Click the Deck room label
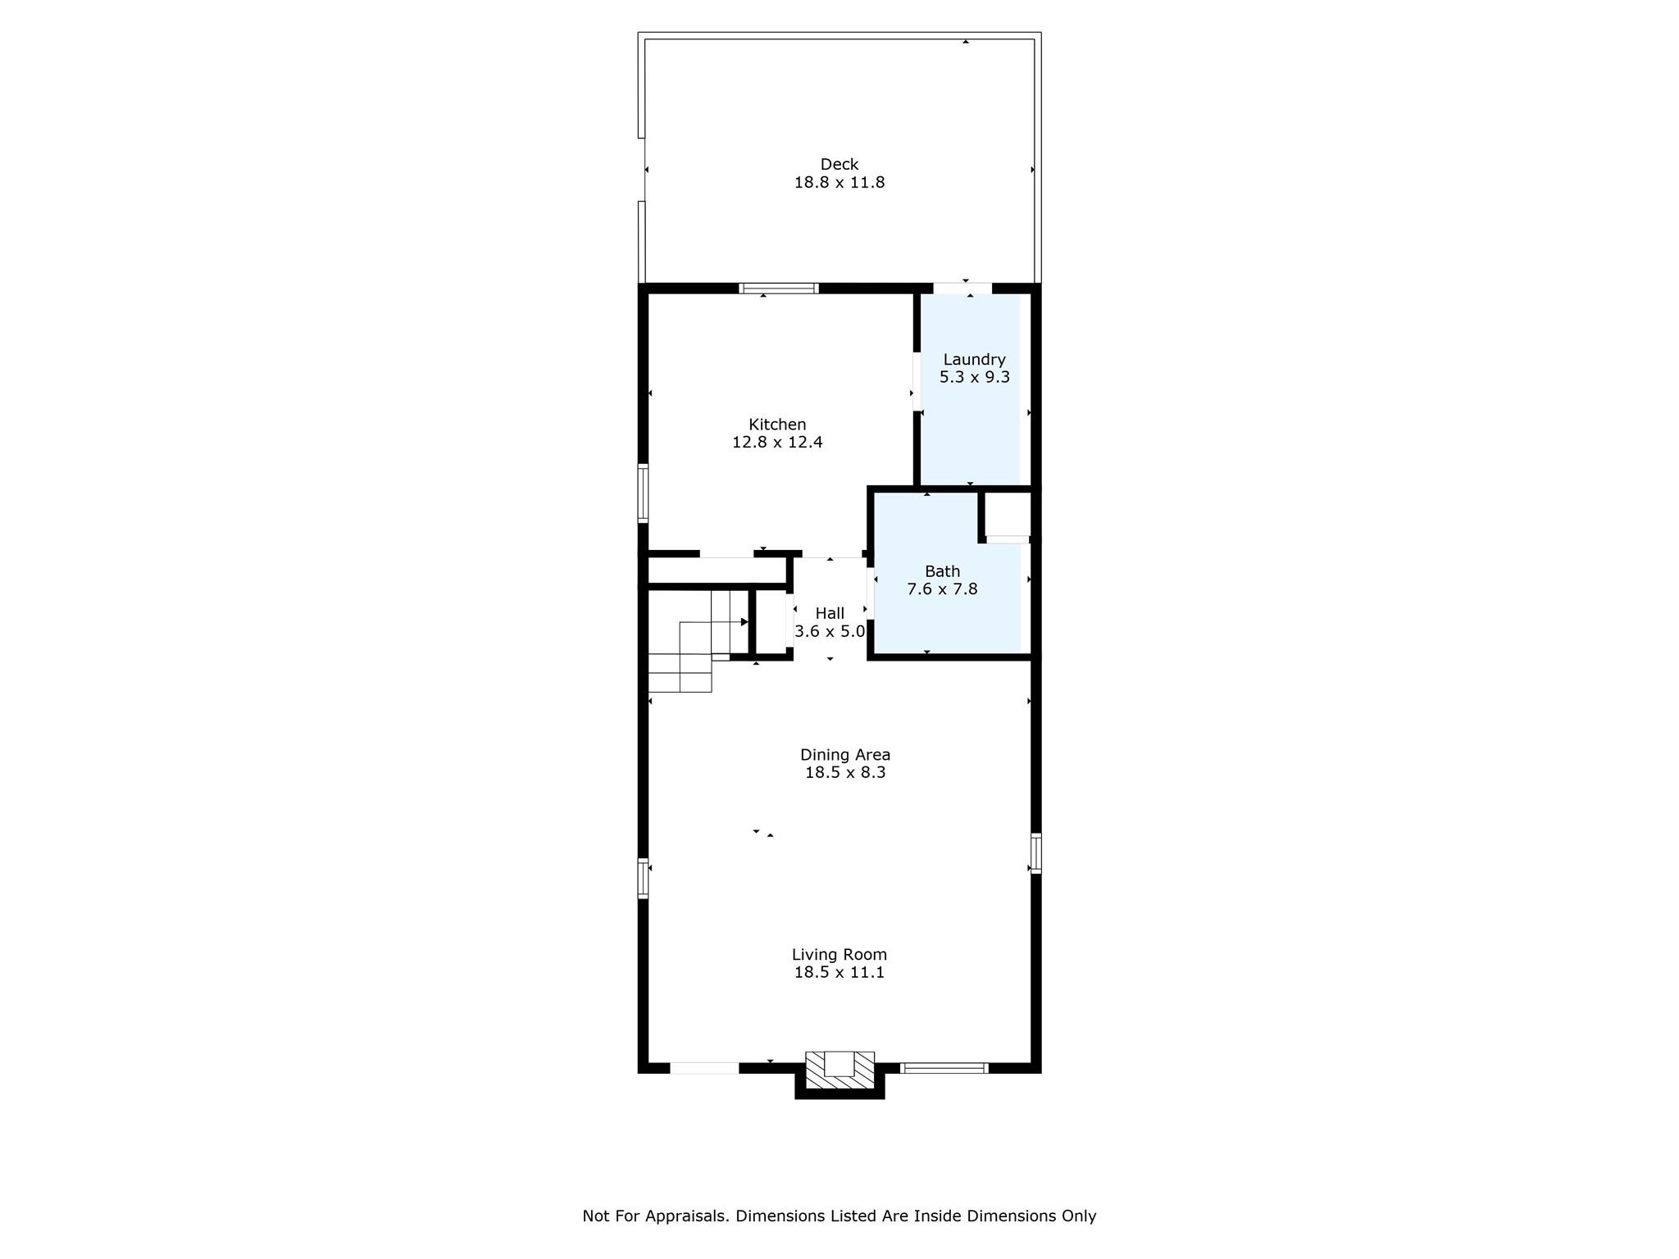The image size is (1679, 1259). tap(839, 164)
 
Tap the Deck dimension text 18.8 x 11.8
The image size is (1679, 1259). tap(839, 182)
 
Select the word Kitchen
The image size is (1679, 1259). tap(777, 424)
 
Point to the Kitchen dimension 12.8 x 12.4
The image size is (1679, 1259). tap(777, 442)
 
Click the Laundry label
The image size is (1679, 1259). tap(974, 359)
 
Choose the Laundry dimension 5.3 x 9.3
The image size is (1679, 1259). tap(974, 377)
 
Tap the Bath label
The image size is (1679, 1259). tap(942, 570)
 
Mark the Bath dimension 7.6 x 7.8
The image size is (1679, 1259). tap(942, 589)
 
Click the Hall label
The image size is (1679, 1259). tap(830, 613)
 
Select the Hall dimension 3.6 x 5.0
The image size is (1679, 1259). tap(830, 631)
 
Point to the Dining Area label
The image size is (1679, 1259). tap(845, 755)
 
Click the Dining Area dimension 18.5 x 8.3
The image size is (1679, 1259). tap(845, 772)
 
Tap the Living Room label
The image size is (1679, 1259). tap(839, 954)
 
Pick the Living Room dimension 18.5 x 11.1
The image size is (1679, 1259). tap(839, 972)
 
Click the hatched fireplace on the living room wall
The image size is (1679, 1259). tap(839, 1070)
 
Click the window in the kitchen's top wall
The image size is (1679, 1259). tap(779, 289)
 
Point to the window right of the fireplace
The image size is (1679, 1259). tap(944, 1068)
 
